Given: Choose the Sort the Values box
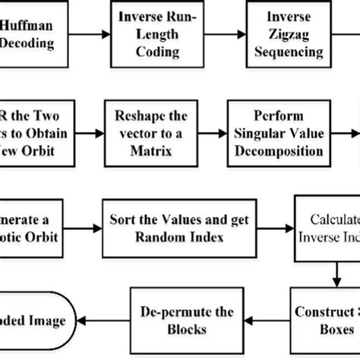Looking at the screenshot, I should coord(178,227).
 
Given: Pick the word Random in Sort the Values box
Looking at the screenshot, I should coord(155,236).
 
